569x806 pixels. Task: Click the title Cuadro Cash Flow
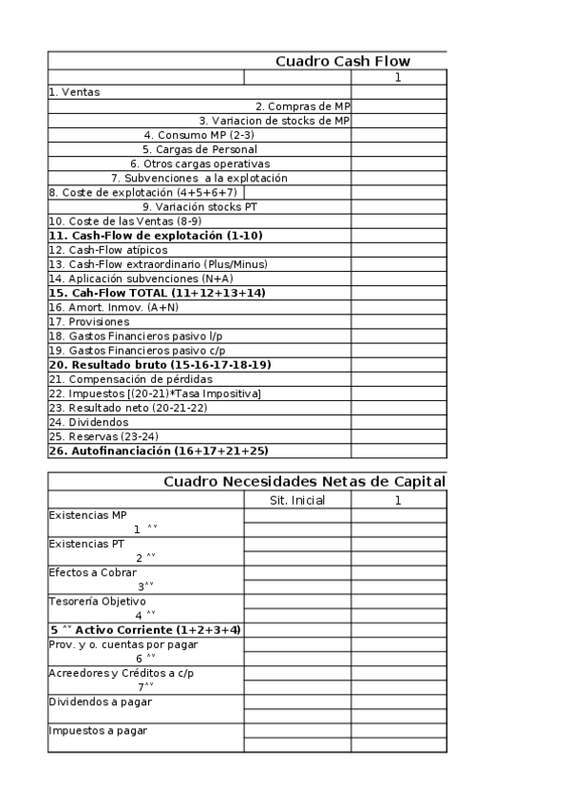coord(343,62)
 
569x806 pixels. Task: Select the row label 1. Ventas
coord(74,92)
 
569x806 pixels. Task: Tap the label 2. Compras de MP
coord(302,106)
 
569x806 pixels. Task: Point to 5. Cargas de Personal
coord(199,149)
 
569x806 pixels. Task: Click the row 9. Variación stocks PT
coord(199,206)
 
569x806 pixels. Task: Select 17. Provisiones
coord(88,321)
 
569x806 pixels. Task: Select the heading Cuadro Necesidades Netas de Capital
coord(304,482)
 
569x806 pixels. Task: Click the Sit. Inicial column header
coord(297,499)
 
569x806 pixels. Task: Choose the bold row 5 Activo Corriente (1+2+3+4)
coord(144,629)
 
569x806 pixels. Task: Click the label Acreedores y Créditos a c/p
coord(113,673)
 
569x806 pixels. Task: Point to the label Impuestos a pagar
coord(98,731)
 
